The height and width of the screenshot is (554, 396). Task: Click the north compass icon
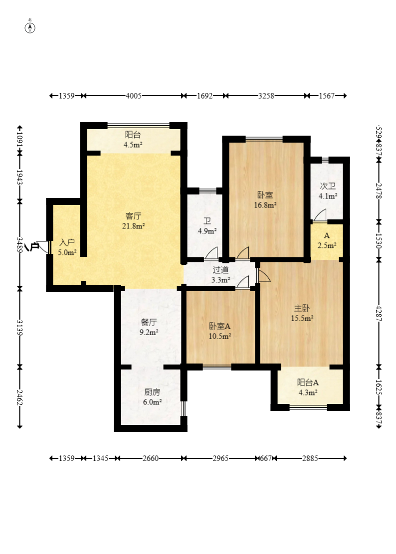coord(30,27)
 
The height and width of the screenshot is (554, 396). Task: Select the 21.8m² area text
coord(134,226)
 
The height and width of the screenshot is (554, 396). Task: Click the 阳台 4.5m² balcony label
coord(133,139)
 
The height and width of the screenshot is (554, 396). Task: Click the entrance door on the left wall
coord(42,246)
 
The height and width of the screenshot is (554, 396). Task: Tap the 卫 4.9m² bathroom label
coord(207,226)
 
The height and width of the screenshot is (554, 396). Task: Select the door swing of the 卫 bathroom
coord(211,253)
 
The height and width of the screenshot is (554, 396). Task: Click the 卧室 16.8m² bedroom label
coord(265,199)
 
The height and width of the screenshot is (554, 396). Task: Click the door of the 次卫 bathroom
coord(320,215)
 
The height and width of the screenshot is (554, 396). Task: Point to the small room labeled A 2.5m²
coord(327,240)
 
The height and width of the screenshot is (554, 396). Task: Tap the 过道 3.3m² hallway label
coord(221,275)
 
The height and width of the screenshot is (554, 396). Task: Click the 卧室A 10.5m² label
coord(220,331)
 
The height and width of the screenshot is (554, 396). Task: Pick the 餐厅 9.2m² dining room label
coord(149,327)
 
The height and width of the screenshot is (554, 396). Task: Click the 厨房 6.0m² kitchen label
coord(152,397)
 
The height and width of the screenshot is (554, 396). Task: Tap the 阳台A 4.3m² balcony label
coord(308,387)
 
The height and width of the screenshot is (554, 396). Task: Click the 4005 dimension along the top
coord(134,96)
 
